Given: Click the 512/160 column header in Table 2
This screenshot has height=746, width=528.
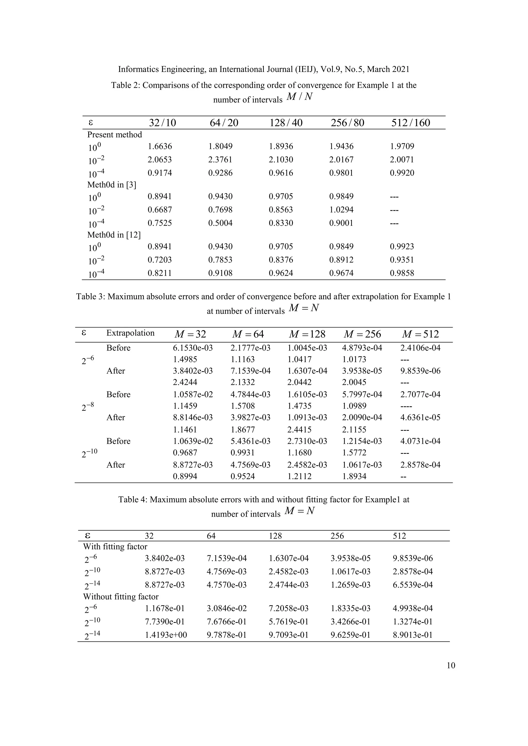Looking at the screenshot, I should click(411, 123).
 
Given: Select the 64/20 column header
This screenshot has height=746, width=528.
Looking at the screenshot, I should click(224, 123).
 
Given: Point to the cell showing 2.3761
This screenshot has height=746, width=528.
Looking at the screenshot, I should click(220, 160).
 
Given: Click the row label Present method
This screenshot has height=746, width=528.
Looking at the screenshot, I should click(114, 135).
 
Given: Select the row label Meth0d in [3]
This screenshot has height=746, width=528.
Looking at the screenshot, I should click(112, 185).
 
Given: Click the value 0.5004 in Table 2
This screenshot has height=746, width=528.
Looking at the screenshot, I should click(220, 223).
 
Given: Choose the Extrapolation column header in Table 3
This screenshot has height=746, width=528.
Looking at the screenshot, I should click(130, 333).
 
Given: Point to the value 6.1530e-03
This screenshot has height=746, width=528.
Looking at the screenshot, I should click(193, 348).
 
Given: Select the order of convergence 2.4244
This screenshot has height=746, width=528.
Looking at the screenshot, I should click(185, 382).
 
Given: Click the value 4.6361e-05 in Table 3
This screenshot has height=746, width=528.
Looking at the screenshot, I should click(420, 417).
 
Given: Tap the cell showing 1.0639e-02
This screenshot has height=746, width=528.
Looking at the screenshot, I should click(193, 441).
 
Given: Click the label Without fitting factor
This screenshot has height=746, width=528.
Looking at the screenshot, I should click(121, 597).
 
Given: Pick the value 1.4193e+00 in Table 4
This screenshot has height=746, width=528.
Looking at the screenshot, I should click(166, 635).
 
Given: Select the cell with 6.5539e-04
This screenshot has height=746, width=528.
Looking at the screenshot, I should click(412, 585).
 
